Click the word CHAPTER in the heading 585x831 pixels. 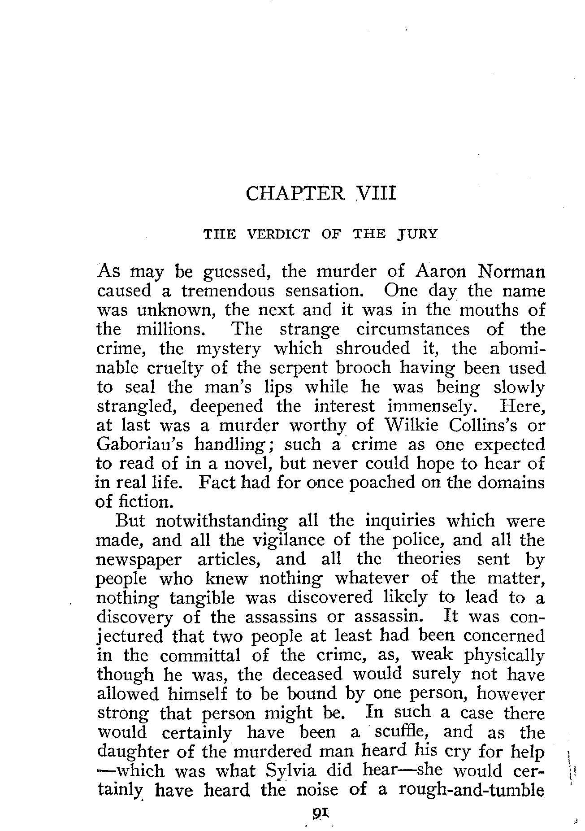click(295, 194)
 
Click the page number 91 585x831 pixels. click(320, 810)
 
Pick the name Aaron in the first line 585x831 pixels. click(442, 272)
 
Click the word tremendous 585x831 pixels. click(228, 291)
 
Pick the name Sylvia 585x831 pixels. click(290, 771)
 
